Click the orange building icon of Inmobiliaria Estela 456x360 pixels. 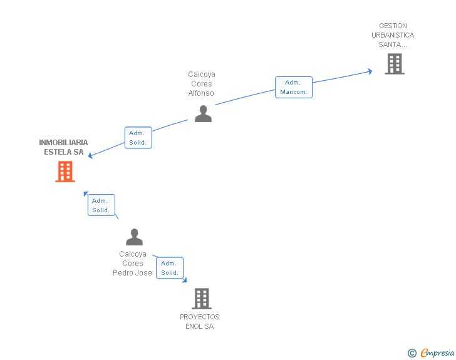point(65,172)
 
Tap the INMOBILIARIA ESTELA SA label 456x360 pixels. point(63,147)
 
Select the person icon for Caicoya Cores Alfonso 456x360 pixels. point(203,113)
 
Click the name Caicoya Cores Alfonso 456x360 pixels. point(202,84)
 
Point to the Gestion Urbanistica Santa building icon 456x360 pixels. point(394,64)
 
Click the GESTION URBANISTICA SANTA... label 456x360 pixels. point(393,35)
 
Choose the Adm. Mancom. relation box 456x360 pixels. point(294,87)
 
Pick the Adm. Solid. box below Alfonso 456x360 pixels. point(138,138)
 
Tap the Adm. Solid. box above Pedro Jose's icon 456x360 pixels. point(101,205)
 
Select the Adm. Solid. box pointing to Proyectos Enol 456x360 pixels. point(170,268)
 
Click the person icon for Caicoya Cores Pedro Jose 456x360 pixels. point(135,237)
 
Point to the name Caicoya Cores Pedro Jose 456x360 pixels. point(133,264)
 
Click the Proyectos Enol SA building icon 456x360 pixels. point(202,299)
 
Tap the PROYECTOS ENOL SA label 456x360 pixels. point(200,322)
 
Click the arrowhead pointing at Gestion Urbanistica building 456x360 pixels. point(370,71)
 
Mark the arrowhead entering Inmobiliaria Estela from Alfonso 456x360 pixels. point(90,156)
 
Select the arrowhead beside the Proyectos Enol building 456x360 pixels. point(185,281)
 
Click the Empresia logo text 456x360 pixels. point(437,352)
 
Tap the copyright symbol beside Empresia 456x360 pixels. point(412,353)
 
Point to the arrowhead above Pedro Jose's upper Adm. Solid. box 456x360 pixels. point(86,194)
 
